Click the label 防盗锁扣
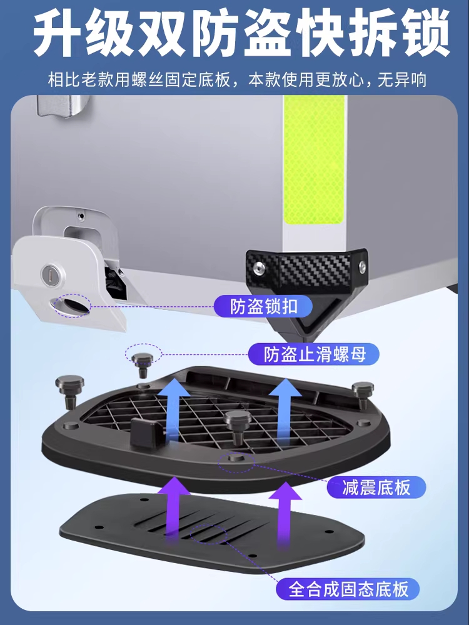pos(264,306)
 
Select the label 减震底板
pos(376,487)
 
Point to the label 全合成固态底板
pos(348,589)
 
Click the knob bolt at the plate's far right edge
pos(363,394)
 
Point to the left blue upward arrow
pos(173,411)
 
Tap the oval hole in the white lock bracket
pos(72,306)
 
